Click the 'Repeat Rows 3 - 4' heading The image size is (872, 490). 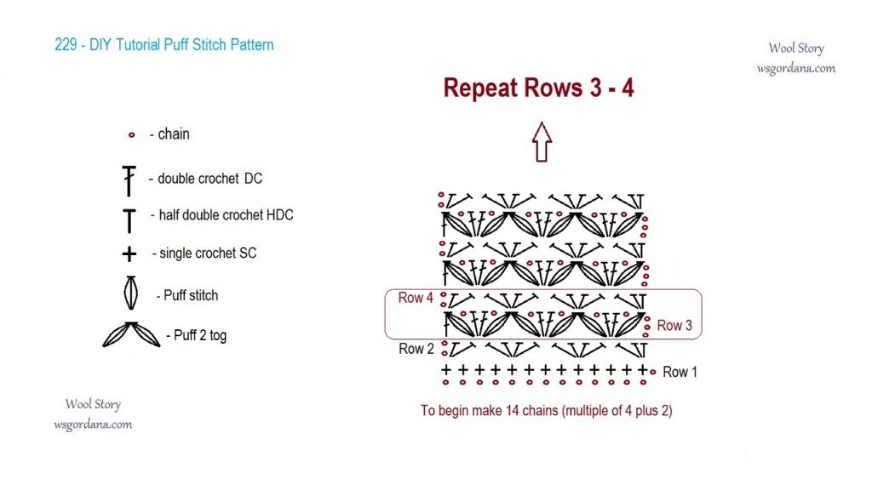tap(538, 88)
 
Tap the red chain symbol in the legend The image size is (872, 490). tap(132, 134)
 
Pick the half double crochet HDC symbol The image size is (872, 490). tap(129, 219)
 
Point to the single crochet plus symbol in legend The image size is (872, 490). tap(129, 254)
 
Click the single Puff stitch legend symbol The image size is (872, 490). tap(130, 293)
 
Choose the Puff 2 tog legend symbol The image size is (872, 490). tap(131, 334)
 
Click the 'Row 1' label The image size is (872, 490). tap(680, 372)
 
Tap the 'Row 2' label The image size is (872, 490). tap(416, 349)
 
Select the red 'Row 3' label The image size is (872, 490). tap(674, 325)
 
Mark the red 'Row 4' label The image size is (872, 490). tap(416, 299)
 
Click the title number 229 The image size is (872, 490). tap(66, 45)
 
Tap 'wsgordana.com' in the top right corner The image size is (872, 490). tap(796, 68)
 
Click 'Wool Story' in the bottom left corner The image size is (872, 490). tap(93, 405)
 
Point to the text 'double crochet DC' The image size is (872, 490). tap(209, 179)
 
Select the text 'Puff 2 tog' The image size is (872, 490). tap(200, 335)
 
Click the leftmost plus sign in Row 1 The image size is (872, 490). tap(445, 370)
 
